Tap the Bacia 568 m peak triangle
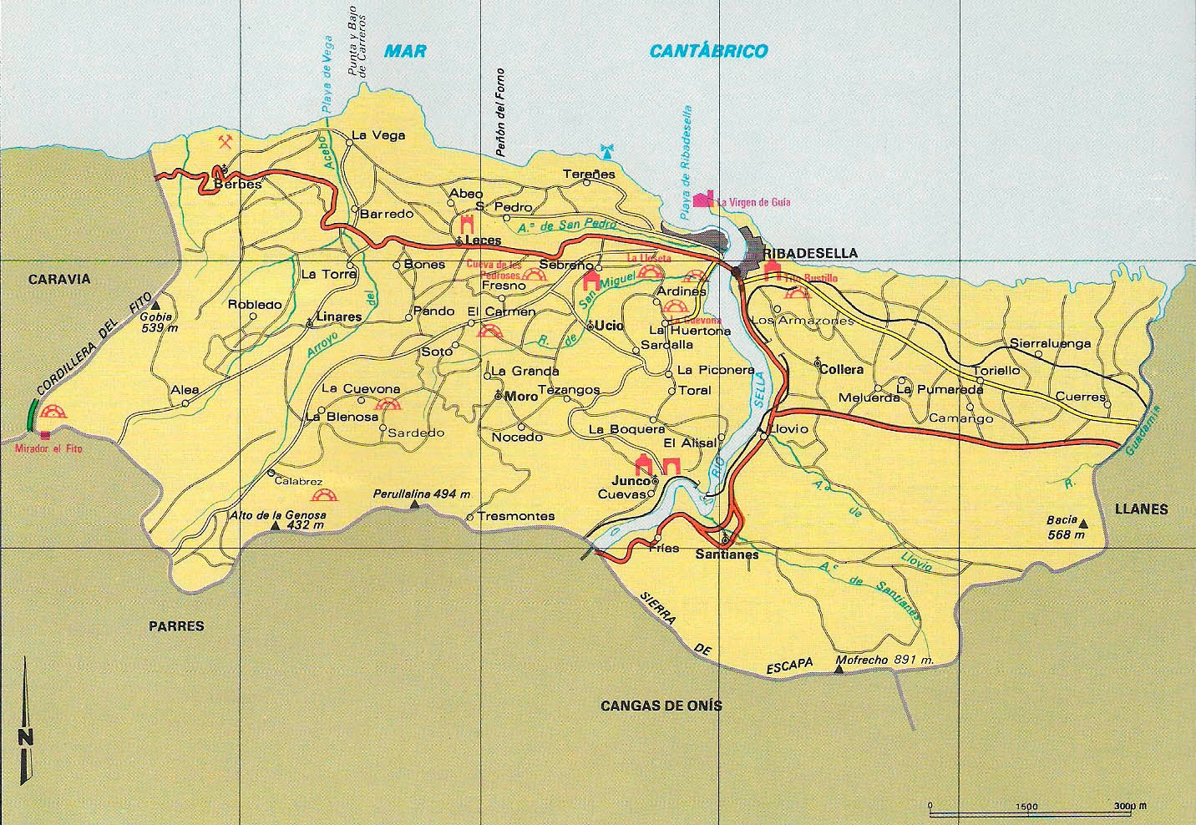point(1083,524)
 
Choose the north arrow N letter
point(26,736)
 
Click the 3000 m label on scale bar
point(1129,807)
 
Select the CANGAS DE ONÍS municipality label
point(661,706)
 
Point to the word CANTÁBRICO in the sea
point(708,52)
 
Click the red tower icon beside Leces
point(467,225)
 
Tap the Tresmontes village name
point(516,516)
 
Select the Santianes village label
point(727,554)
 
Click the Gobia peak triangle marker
point(155,306)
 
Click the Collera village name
point(841,368)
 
